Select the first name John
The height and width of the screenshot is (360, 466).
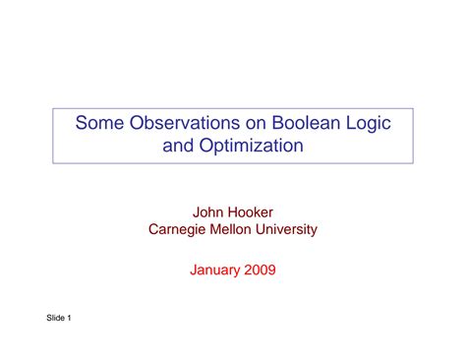click(x=211, y=211)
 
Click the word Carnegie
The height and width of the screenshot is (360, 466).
click(x=179, y=230)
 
